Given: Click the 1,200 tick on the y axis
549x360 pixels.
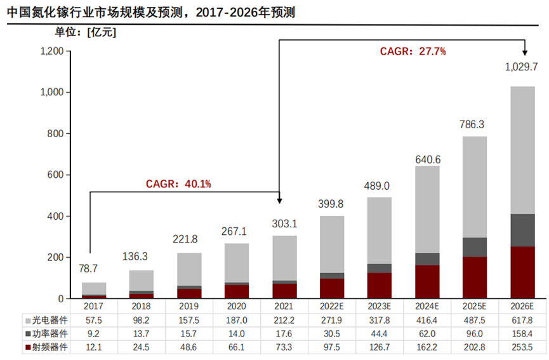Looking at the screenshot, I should click(52, 51).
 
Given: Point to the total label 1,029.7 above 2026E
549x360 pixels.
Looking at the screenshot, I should click(521, 66).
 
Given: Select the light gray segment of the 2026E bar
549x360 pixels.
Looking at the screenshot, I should click(522, 150).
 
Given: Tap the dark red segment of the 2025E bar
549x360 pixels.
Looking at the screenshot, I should click(474, 277).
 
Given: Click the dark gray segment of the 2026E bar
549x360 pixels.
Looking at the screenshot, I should click(522, 230).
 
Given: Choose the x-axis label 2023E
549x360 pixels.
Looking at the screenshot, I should click(379, 306).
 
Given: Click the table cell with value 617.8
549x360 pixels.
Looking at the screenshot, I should click(522, 319).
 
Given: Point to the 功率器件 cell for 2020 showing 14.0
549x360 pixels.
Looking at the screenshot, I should click(237, 333).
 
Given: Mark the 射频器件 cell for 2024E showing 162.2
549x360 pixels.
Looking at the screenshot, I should click(427, 347).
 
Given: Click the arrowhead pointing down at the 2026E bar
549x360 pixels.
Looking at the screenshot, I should click(524, 53).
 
